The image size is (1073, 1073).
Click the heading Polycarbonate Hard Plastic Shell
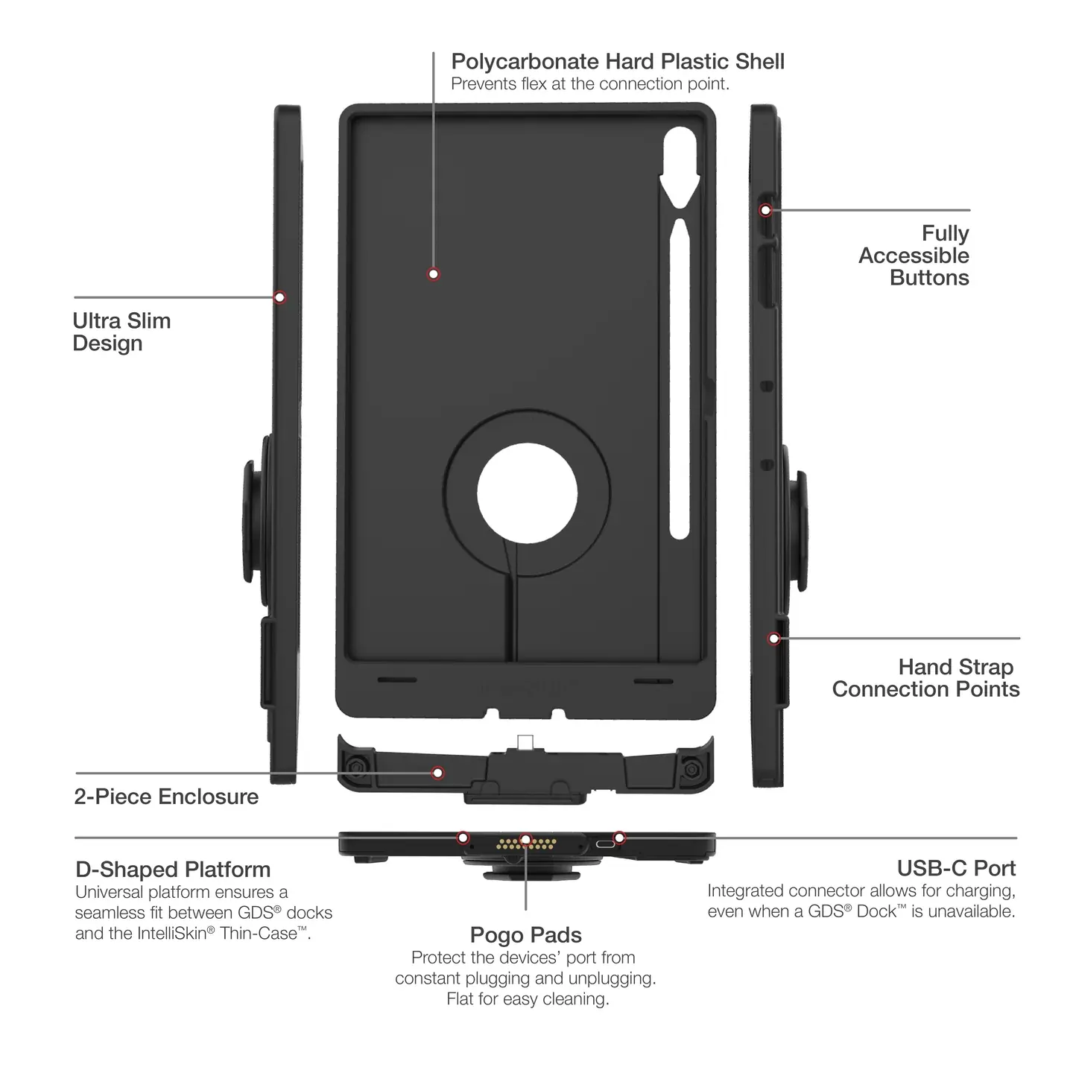coord(618,61)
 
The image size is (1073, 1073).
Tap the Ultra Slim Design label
coord(121,332)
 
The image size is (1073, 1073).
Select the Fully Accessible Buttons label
coord(914,256)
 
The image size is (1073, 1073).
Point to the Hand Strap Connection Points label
coord(925,677)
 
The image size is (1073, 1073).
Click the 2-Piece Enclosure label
coord(166,797)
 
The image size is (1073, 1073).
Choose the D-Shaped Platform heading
coord(173,870)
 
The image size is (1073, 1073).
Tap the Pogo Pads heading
coord(525,935)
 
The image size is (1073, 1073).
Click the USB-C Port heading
coord(956,868)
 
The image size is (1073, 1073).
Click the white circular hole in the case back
coord(527,496)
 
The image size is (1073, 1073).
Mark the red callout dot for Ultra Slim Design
coord(279,297)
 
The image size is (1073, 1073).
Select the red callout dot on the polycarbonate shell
coord(434,274)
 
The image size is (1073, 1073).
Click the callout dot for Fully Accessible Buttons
coord(765,210)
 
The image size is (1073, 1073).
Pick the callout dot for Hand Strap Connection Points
coord(774,639)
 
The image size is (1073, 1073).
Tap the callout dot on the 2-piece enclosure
coord(438,773)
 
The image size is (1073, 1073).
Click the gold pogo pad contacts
coord(527,844)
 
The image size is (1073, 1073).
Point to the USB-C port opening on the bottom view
coord(604,844)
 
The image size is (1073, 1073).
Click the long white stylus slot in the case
coord(679,376)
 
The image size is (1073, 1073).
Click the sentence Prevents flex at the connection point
coord(589,84)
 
